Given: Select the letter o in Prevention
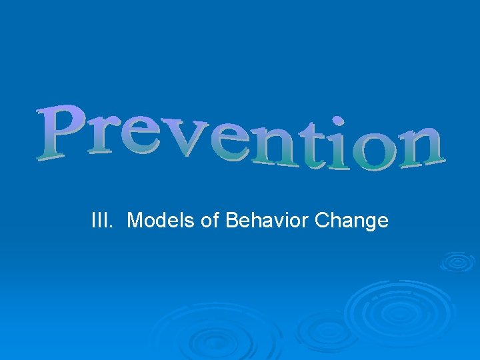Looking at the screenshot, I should coord(371,153).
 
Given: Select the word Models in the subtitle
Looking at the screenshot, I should coord(161,220).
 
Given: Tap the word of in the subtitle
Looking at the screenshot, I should coord(210,220).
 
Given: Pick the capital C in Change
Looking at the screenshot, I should coord(322,220).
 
